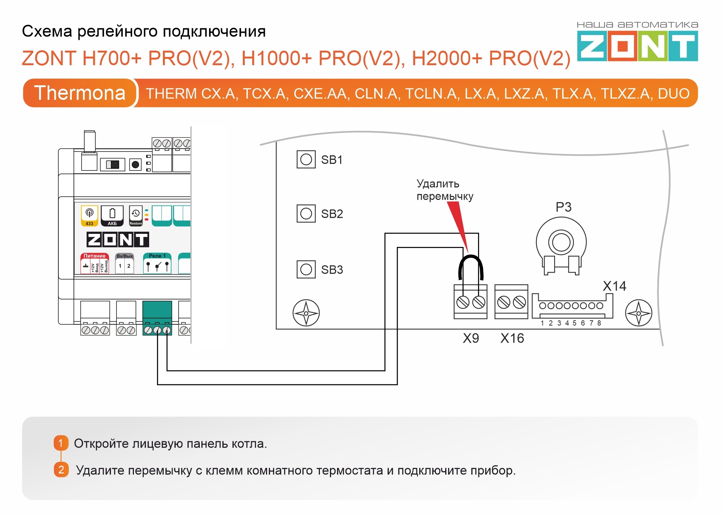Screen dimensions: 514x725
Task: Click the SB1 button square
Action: point(306,159)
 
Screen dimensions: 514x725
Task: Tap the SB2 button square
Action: point(306,213)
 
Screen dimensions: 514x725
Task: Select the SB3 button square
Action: point(306,269)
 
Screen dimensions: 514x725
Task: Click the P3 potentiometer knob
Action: point(561,242)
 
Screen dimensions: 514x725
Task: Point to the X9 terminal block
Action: point(470,302)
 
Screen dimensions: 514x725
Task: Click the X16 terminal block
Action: point(511,302)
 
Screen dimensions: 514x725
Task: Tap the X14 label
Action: point(614,286)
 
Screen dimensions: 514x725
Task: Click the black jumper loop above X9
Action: point(471,261)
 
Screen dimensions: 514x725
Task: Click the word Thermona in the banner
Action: point(80,93)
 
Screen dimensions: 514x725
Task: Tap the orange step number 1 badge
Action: point(61,443)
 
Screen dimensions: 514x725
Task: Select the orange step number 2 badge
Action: point(61,470)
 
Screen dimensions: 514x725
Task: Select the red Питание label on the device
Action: point(94,256)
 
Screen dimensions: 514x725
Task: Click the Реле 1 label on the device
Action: point(157,256)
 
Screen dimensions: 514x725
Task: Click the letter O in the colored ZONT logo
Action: point(622,46)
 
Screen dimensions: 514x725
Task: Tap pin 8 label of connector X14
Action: point(599,323)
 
